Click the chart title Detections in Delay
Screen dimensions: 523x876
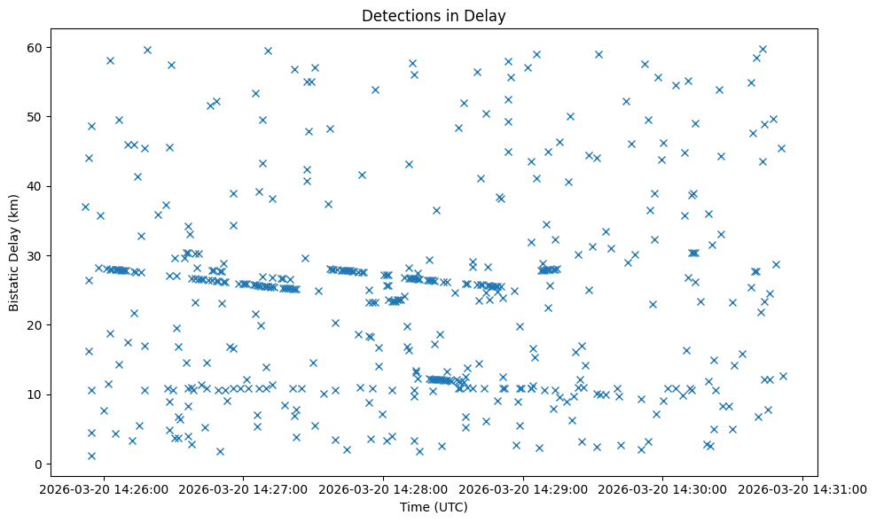[434, 15]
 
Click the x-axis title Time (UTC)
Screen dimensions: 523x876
[434, 508]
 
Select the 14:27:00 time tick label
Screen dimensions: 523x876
[243, 488]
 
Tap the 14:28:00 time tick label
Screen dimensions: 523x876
[383, 488]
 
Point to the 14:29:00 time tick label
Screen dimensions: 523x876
[523, 488]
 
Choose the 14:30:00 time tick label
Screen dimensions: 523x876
[663, 488]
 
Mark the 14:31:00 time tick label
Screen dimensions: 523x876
[803, 488]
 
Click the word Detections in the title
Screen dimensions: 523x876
[398, 15]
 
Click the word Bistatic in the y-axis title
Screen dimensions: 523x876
[14, 284]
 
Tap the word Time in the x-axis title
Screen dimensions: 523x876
[415, 508]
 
